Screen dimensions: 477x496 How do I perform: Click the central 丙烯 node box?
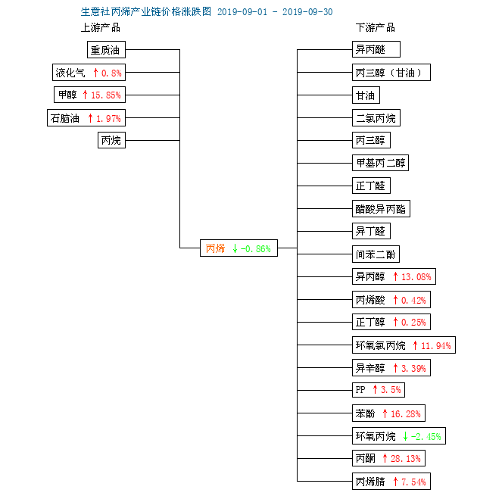238,248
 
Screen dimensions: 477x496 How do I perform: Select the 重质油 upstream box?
106,50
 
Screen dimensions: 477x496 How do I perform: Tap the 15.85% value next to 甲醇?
106,95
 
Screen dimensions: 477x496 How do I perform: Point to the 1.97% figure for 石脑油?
108,119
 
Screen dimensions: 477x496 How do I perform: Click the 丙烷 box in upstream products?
111,140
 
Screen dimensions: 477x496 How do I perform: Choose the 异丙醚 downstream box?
376,49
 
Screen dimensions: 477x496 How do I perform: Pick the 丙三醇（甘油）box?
391,73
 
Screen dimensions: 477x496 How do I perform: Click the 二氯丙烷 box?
376,118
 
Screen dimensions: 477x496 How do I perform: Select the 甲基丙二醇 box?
380,163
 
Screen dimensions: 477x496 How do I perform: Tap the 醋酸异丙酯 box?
381,209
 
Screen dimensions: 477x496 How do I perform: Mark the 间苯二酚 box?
376,254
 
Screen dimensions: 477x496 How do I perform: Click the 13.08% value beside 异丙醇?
416,277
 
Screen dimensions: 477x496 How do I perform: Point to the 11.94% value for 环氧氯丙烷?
436,346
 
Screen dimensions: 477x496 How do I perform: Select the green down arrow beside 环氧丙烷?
405,436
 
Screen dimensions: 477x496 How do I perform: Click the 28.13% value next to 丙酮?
406,459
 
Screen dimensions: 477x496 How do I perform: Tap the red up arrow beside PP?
375,389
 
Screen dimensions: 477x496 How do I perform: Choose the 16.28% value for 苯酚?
406,413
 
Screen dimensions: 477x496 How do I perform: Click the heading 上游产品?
101,28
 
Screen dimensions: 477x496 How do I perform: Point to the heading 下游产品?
375,28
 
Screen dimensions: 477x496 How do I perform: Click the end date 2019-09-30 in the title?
307,12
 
